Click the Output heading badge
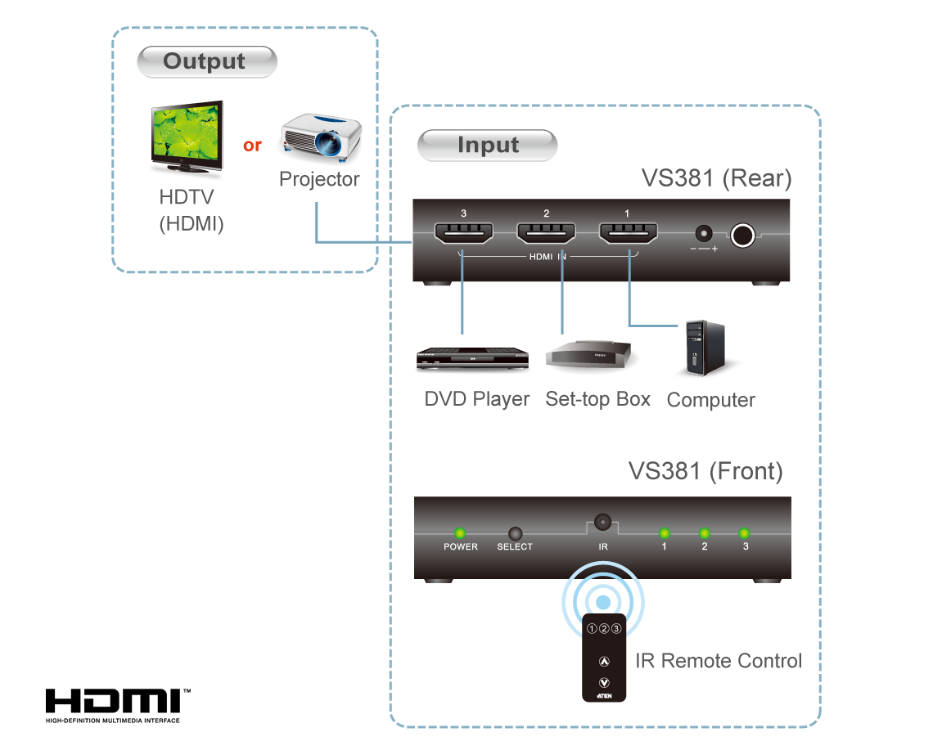point(206,62)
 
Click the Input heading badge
point(488,146)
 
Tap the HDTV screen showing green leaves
point(187,136)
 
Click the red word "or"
point(252,146)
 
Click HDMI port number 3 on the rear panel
point(462,235)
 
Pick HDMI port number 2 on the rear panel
point(546,235)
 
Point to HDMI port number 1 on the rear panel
point(629,235)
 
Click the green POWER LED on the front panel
point(461,533)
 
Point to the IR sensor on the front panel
point(602,522)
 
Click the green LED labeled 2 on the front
point(704,533)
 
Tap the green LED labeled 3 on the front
point(745,533)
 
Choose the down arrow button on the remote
point(604,682)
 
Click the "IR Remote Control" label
point(719,661)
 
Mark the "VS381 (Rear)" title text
point(716,179)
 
